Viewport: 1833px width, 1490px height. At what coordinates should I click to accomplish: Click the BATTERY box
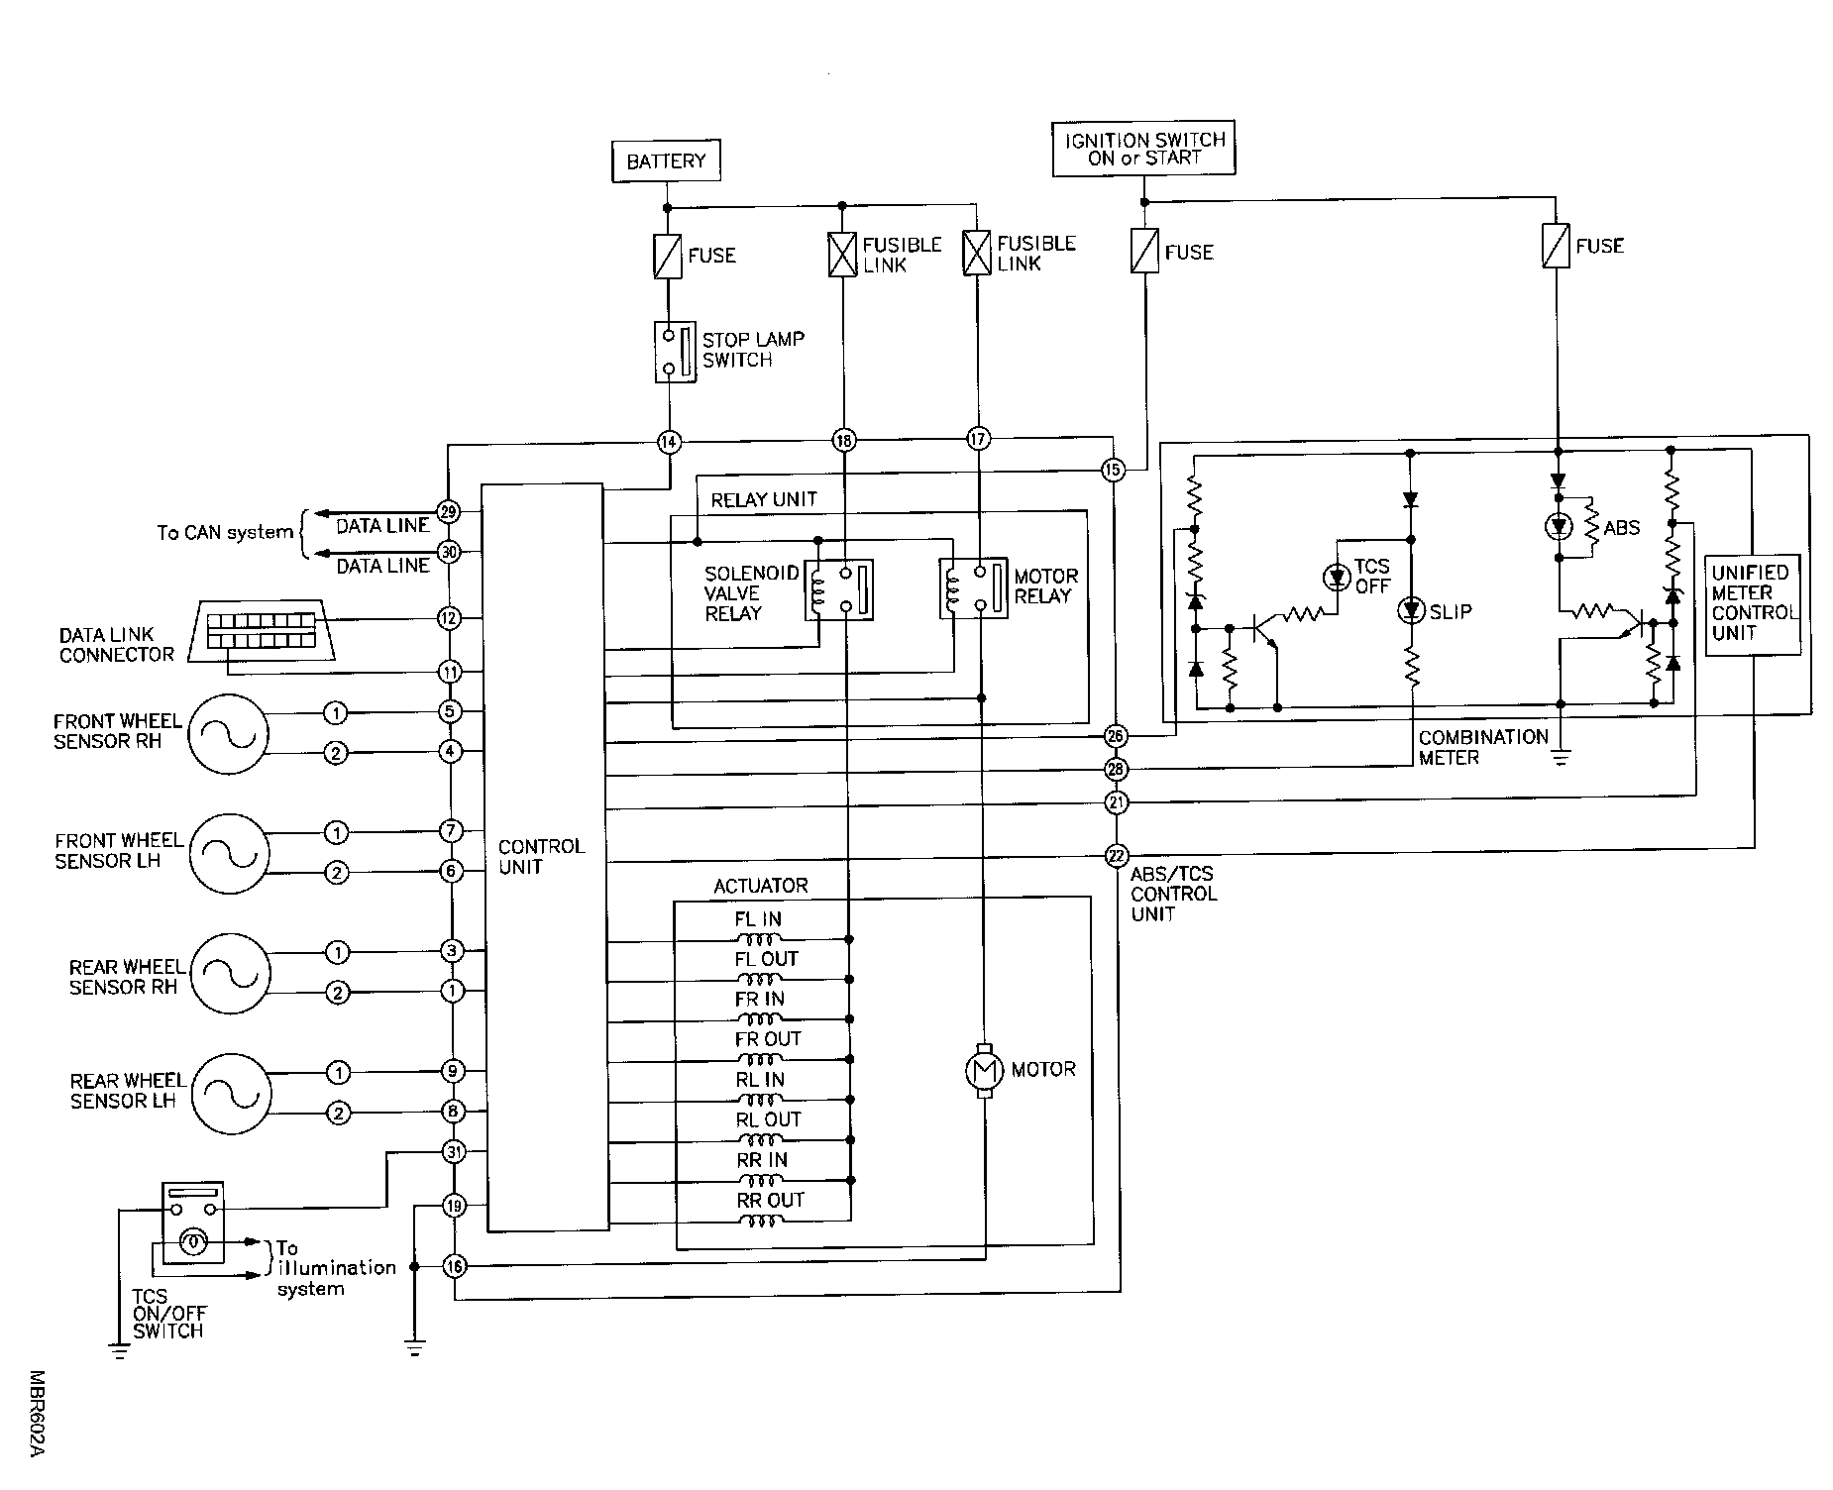click(665, 160)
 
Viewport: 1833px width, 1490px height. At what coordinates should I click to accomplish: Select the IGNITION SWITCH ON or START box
click(1143, 149)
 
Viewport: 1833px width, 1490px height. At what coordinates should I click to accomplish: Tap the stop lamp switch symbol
click(675, 352)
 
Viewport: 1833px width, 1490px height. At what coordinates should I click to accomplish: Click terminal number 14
click(669, 442)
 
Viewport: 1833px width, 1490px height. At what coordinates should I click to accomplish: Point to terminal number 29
click(449, 512)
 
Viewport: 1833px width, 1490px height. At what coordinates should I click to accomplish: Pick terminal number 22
click(1117, 855)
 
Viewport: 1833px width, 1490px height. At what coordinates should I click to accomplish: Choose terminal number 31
click(454, 1152)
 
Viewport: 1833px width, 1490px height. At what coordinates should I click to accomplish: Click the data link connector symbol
click(265, 630)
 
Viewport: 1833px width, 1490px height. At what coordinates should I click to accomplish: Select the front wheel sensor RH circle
click(228, 733)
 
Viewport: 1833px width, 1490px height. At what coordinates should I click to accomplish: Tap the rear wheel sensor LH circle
click(230, 1093)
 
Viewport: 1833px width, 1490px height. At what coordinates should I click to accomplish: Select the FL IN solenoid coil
click(760, 939)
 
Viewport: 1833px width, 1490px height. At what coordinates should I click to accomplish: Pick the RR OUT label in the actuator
click(770, 1200)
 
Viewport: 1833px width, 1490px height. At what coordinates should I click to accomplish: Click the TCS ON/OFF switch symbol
click(193, 1223)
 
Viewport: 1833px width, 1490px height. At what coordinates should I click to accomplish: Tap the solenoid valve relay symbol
click(838, 590)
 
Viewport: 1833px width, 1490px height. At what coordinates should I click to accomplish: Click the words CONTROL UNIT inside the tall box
click(541, 857)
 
